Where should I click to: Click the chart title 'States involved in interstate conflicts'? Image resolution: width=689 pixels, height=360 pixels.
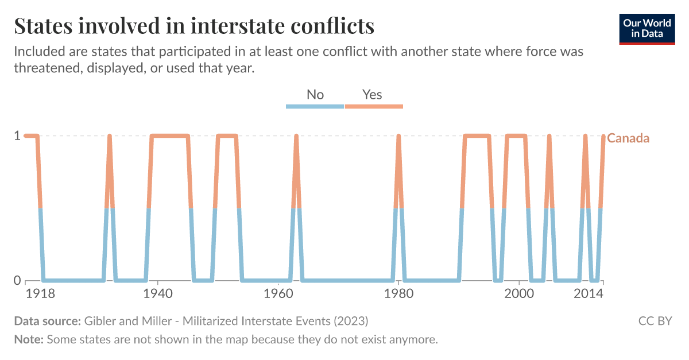[x=194, y=26]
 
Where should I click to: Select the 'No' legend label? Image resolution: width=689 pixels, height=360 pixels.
[x=315, y=94]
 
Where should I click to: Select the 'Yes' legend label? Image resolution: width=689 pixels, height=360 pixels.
[x=372, y=94]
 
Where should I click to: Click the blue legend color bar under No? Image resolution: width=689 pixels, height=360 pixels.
[x=315, y=106]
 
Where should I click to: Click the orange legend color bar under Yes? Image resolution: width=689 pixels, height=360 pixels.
[x=374, y=106]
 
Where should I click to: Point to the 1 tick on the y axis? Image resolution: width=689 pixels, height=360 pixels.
[x=17, y=136]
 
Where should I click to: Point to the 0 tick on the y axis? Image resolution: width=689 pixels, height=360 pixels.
[x=17, y=281]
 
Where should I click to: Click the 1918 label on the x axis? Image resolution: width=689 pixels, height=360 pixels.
[x=40, y=293]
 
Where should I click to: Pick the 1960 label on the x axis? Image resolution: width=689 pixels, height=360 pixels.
[x=278, y=293]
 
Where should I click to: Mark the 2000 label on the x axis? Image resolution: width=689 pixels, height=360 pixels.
[x=519, y=293]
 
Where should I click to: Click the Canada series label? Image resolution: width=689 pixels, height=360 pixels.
[x=628, y=138]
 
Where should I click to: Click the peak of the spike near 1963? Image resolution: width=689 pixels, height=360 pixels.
[x=296, y=137]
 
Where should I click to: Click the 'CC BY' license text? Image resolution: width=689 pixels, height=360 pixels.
[x=655, y=320]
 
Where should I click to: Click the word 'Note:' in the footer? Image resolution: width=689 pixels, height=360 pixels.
[x=29, y=339]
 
